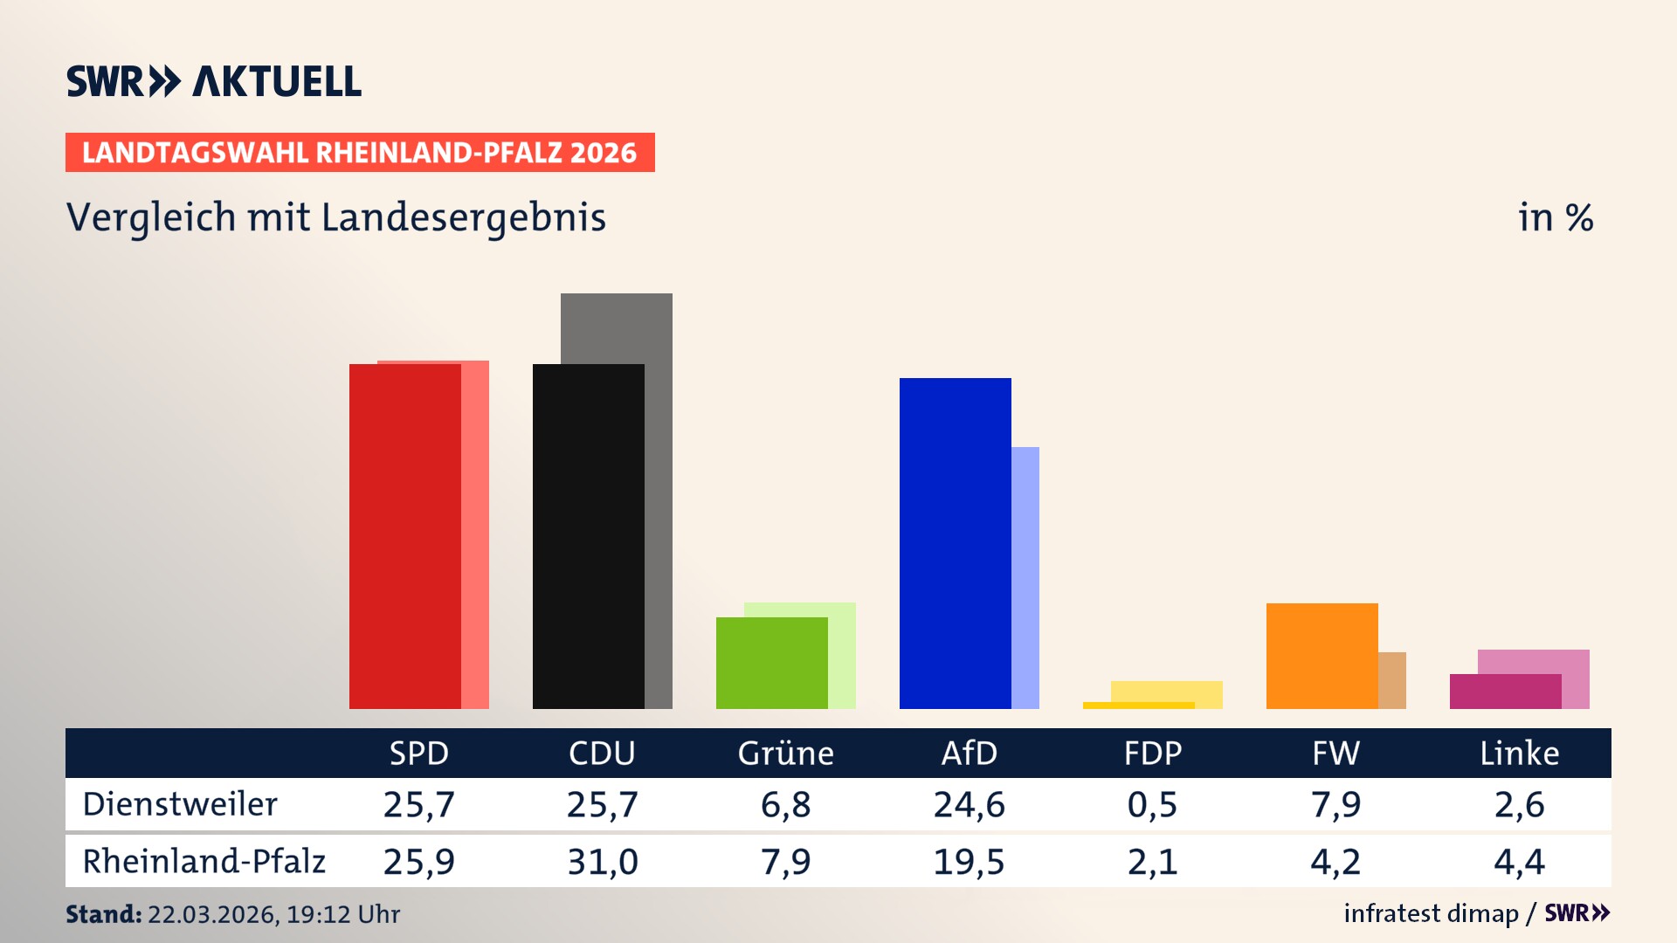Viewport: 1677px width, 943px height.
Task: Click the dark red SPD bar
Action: (x=405, y=536)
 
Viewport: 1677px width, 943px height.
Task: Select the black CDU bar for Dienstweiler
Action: (x=589, y=536)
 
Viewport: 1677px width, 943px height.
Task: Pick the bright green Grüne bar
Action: (x=772, y=663)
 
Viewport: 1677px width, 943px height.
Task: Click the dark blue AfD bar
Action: (x=956, y=543)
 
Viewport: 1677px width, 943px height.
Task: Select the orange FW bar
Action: (x=1322, y=656)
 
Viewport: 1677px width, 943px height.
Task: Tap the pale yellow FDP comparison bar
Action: (x=1167, y=691)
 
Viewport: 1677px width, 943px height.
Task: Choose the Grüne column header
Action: (x=785, y=753)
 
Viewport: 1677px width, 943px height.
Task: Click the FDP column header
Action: (x=1152, y=753)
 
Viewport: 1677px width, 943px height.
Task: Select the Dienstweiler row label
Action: (x=180, y=804)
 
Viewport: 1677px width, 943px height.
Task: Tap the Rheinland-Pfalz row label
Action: (x=204, y=862)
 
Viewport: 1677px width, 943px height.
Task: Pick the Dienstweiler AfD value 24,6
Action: (x=969, y=804)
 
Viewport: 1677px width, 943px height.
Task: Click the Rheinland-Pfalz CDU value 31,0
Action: (x=602, y=862)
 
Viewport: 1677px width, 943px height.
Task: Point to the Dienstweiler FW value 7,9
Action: (x=1335, y=804)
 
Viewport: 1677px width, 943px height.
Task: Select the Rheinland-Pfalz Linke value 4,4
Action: (x=1519, y=862)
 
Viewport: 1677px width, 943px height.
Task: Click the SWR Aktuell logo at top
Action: (x=213, y=81)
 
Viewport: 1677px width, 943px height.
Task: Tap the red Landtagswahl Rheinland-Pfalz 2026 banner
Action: (x=360, y=153)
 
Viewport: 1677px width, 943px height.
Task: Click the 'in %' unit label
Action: (x=1555, y=217)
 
